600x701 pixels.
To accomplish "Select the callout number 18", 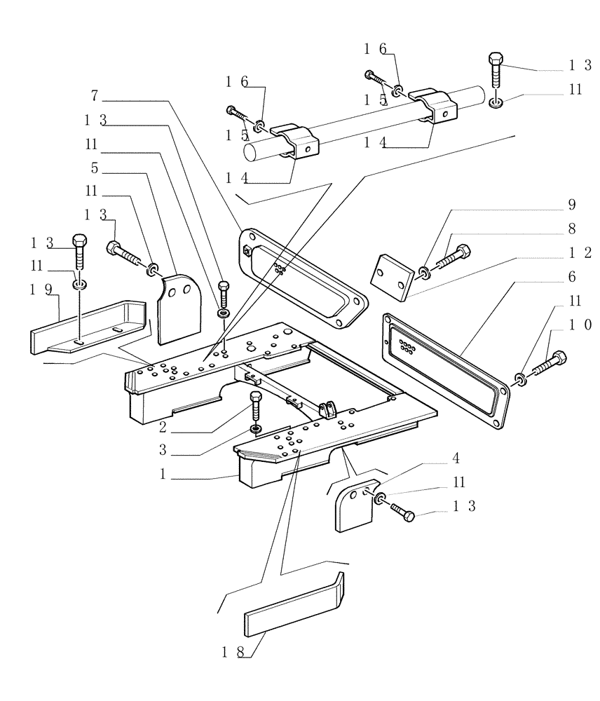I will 233,651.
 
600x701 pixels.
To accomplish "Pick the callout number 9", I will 572,205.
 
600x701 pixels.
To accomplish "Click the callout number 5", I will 95,168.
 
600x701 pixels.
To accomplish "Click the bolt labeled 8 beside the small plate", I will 454,257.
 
